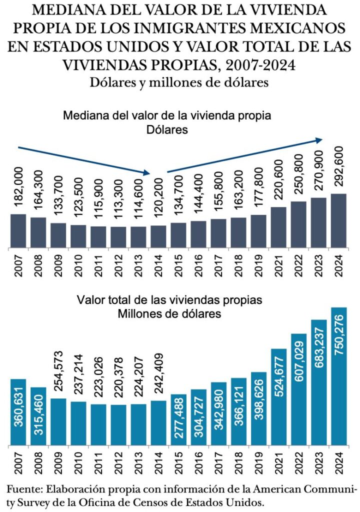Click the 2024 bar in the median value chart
click(338, 220)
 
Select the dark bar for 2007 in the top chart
click(18, 230)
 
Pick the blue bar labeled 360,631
click(18, 412)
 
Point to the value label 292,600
click(338, 167)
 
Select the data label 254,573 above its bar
click(58, 371)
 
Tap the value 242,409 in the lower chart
click(158, 373)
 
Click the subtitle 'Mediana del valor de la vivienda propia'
click(167, 116)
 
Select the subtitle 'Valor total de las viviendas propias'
click(170, 300)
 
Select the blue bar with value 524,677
click(278, 397)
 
